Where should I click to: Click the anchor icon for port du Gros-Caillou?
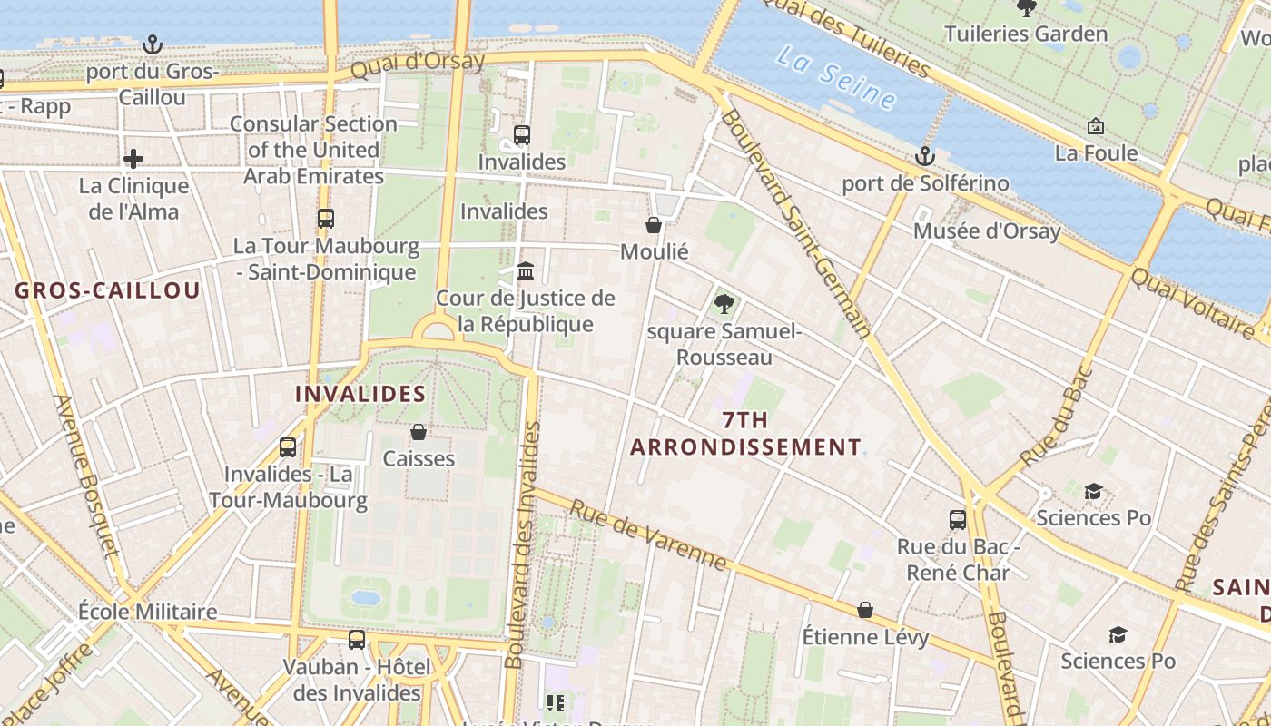(153, 44)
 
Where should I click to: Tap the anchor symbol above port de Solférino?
(924, 156)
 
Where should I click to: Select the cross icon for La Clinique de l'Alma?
(133, 160)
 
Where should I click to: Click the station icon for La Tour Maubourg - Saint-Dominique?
(326, 219)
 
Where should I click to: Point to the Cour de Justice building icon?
(525, 271)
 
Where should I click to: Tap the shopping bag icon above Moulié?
(654, 225)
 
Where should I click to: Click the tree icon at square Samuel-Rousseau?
(724, 304)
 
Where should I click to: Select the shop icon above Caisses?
(419, 432)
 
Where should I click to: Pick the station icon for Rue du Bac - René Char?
(958, 520)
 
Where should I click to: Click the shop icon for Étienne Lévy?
(865, 610)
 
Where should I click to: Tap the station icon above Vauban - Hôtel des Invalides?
(357, 640)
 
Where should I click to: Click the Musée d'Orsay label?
(987, 231)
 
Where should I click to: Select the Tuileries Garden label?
(1026, 34)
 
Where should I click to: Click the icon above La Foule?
(1096, 126)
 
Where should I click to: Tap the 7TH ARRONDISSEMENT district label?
(745, 434)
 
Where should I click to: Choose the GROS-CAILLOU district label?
(107, 291)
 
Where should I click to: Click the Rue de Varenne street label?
(647, 535)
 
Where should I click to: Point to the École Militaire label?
(147, 612)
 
